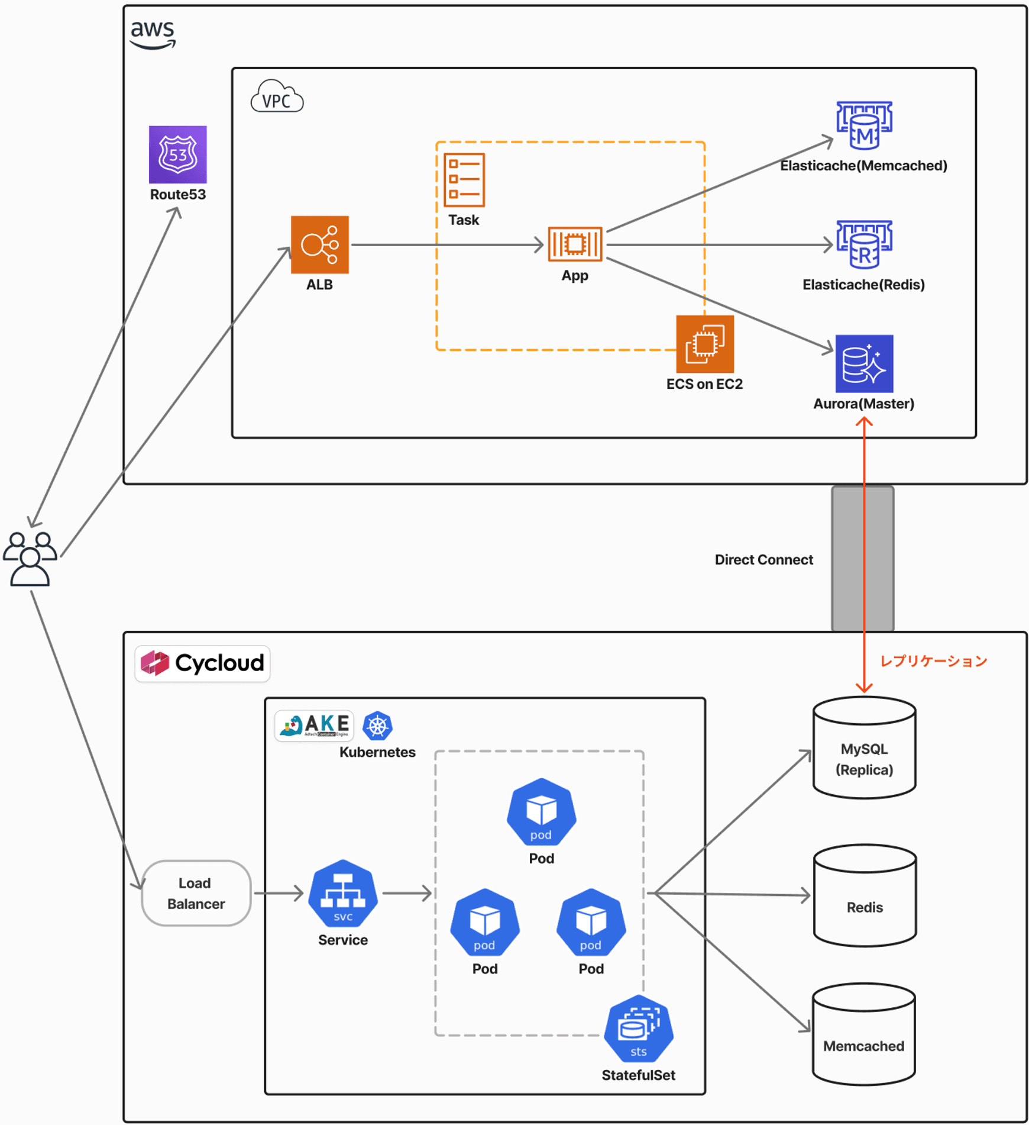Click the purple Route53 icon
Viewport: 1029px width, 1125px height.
tap(177, 154)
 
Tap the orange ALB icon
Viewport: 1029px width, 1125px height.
tap(319, 244)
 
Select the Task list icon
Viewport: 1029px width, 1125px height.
tap(464, 180)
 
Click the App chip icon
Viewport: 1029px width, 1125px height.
tap(574, 244)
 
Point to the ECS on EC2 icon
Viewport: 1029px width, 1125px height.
tap(704, 344)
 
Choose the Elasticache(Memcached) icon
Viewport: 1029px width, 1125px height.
tap(864, 125)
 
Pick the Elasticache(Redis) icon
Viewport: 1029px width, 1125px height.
tap(864, 244)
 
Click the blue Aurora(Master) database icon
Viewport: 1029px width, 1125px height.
tap(864, 363)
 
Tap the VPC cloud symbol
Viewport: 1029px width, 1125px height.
tap(277, 97)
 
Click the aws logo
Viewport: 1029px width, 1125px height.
tap(153, 34)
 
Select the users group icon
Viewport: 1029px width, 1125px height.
tap(30, 559)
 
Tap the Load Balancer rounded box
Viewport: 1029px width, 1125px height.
tap(196, 893)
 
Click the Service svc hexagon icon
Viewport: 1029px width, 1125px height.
tap(342, 893)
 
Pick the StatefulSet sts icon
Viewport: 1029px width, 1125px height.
tap(638, 1029)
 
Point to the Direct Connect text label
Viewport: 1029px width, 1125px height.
tap(763, 559)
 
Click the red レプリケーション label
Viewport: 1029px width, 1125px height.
tap(933, 661)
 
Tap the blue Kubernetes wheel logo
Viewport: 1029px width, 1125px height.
tap(377, 726)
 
